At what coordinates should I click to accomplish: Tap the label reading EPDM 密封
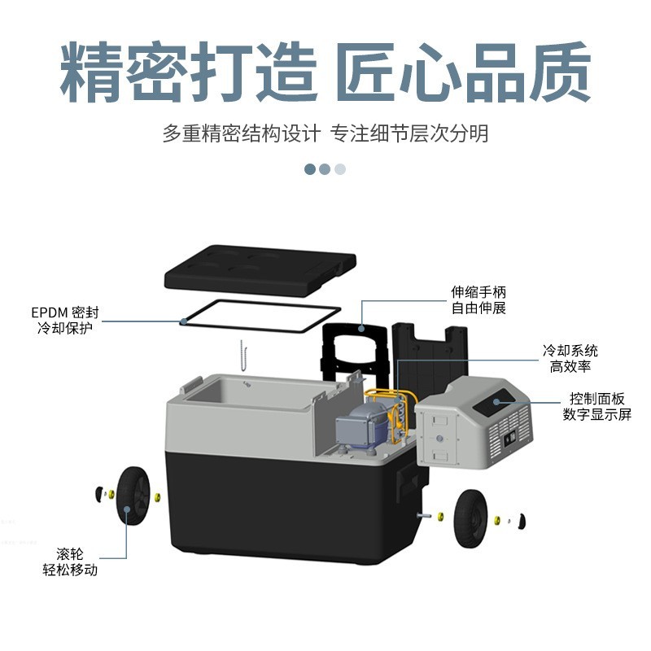click(x=68, y=312)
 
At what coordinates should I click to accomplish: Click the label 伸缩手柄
click(x=479, y=291)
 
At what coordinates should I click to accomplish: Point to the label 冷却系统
click(x=570, y=351)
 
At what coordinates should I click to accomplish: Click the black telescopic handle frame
click(x=352, y=346)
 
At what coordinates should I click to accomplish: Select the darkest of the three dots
click(x=310, y=169)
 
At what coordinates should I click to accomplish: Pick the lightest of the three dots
click(x=340, y=169)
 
